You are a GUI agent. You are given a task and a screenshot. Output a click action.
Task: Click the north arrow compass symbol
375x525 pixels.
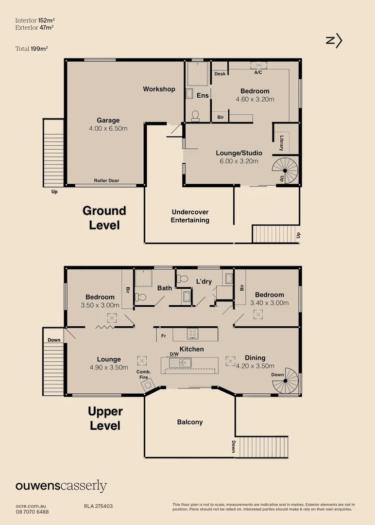334,41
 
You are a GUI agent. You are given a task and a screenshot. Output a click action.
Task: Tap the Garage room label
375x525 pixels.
108,121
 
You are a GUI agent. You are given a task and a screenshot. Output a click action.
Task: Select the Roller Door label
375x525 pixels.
107,180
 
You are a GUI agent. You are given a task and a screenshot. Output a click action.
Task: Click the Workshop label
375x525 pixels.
159,89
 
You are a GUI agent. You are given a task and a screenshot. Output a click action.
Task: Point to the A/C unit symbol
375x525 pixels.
258,66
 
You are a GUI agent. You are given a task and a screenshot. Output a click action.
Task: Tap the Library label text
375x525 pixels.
281,141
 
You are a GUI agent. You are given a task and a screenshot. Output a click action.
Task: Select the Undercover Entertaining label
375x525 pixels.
190,216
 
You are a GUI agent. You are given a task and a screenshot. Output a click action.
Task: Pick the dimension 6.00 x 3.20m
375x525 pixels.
237,161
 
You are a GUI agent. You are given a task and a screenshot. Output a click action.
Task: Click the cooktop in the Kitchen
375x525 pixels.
193,333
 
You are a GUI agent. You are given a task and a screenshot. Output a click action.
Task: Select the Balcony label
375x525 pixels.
190,422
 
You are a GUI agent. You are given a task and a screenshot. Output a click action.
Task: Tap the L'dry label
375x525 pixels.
204,281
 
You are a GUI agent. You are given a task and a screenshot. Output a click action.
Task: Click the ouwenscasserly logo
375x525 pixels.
61,486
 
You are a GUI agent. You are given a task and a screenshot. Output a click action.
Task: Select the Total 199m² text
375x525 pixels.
32,48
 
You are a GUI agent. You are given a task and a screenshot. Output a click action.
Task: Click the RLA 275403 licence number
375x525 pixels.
98,506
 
